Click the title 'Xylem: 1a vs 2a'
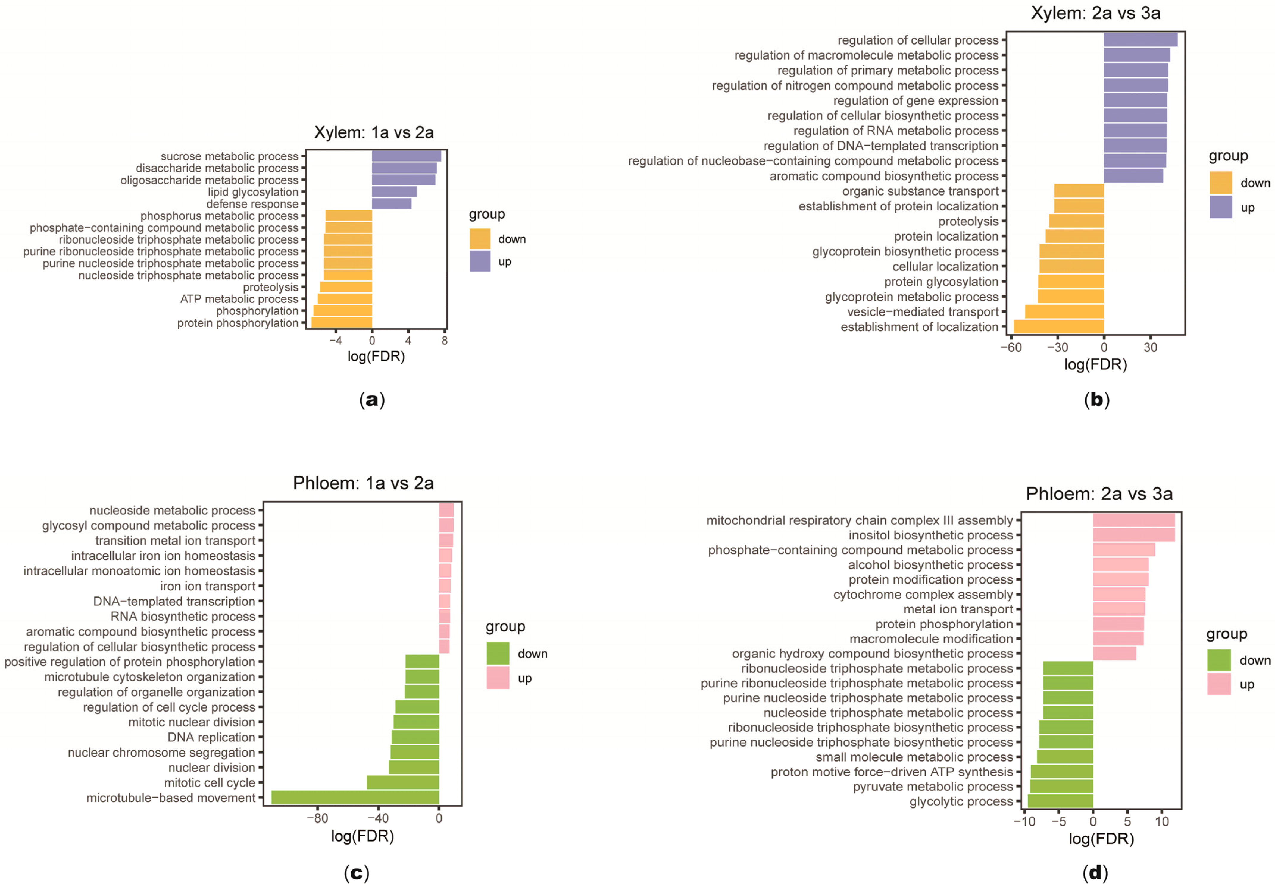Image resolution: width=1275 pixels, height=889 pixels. (x=374, y=132)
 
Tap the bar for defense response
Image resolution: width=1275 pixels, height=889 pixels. (x=391, y=204)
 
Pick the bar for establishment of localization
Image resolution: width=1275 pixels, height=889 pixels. (x=1058, y=327)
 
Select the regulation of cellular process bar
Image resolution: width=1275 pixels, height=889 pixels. (x=1140, y=40)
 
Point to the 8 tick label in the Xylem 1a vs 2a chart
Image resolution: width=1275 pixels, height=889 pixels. (x=444, y=341)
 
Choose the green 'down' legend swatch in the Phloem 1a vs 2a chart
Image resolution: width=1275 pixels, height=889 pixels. (x=498, y=654)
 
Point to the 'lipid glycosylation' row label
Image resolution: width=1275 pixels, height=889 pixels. (x=253, y=192)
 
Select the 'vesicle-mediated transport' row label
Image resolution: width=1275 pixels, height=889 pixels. (x=922, y=312)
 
